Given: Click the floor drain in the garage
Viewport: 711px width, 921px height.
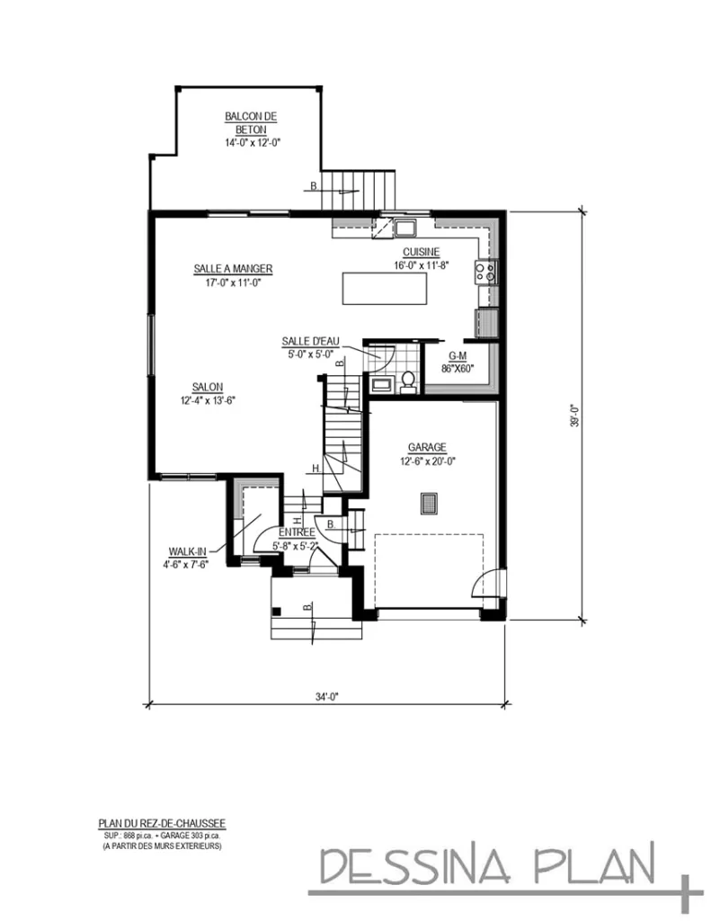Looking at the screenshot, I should (428, 504).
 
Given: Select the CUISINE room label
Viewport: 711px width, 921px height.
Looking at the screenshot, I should (421, 253).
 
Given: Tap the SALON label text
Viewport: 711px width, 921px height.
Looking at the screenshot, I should (207, 387).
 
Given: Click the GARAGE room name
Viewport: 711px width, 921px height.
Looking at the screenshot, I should (427, 448).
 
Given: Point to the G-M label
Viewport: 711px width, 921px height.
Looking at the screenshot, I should (458, 356).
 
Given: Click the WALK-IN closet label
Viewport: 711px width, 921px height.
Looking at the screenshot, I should (186, 551).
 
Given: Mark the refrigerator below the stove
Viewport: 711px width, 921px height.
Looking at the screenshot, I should (486, 322).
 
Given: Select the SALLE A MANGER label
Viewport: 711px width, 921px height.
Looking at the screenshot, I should (233, 269).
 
